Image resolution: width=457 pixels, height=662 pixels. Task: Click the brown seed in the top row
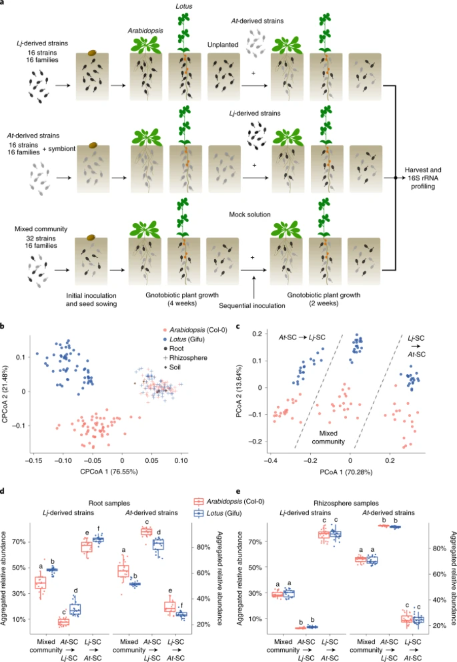(93, 53)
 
